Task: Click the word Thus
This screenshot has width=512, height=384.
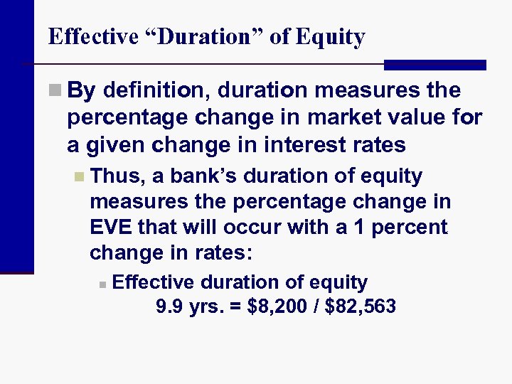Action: tap(117, 176)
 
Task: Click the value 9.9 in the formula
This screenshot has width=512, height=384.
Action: tap(169, 307)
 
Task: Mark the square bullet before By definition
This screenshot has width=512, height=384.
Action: tap(55, 92)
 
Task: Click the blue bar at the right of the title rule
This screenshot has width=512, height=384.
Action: tap(434, 65)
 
